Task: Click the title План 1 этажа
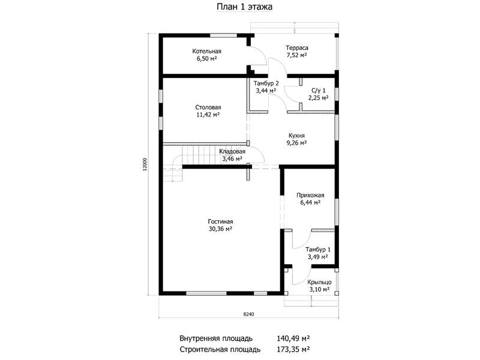[x=244, y=7]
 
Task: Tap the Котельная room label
[x=206, y=51]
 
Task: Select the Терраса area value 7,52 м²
[x=296, y=55]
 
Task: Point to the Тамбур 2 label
[x=266, y=83]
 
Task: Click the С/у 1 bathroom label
[x=319, y=91]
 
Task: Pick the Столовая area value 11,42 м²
[x=208, y=115]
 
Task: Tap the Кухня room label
[x=296, y=136]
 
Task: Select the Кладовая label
[x=232, y=152]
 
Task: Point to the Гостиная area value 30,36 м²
[x=220, y=229]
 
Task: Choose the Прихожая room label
[x=310, y=195]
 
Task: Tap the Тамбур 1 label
[x=318, y=250]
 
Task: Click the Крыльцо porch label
[x=319, y=282]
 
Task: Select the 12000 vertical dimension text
[x=145, y=164]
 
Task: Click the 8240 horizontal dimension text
[x=248, y=314]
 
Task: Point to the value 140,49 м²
[x=293, y=338]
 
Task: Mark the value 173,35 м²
[x=293, y=349]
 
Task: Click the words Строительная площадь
[x=220, y=349]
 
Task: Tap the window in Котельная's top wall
[x=223, y=35]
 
